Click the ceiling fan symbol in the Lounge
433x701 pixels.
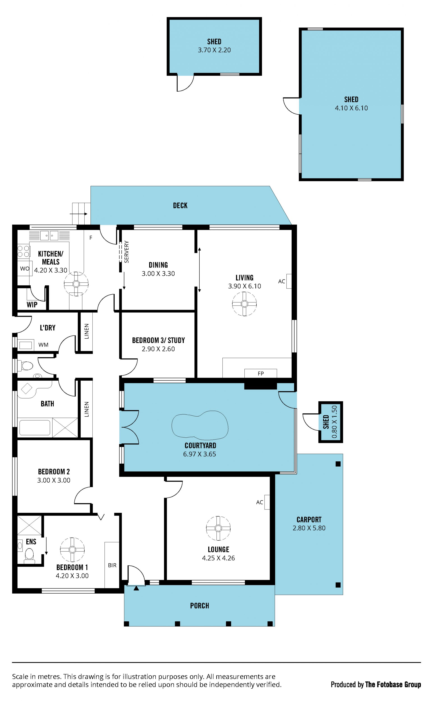click(x=218, y=528)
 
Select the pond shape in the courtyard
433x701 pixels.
click(x=200, y=425)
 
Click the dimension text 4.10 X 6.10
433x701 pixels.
click(x=351, y=108)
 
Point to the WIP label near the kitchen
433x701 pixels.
click(x=32, y=305)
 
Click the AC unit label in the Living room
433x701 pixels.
click(x=281, y=281)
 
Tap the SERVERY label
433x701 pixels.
click(x=127, y=252)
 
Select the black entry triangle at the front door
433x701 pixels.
click(x=136, y=588)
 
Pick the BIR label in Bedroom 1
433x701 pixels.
click(x=112, y=565)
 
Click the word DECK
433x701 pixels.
click(x=180, y=205)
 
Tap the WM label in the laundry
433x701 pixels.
click(x=44, y=345)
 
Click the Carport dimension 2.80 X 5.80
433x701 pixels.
click(x=309, y=528)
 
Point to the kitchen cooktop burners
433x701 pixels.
click(x=23, y=251)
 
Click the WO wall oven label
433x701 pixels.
click(x=25, y=269)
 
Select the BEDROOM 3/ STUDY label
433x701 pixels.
click(x=158, y=340)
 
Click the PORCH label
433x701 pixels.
click(x=200, y=606)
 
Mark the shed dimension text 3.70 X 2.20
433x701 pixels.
click(x=214, y=50)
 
